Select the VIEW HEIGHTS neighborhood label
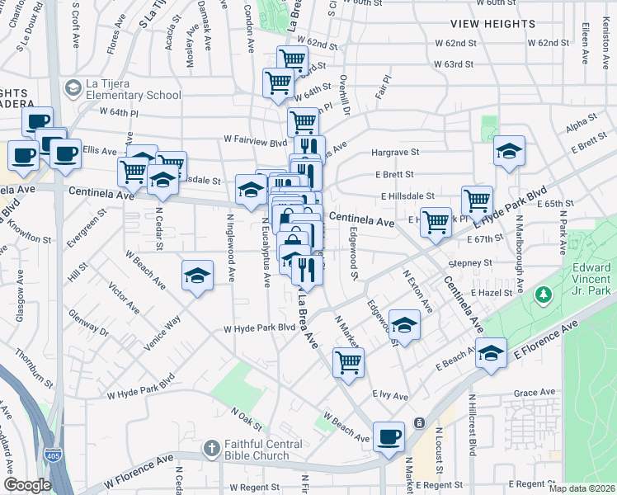pyautogui.click(x=492, y=24)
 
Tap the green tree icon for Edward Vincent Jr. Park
pyautogui.click(x=543, y=294)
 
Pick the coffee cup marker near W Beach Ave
pyautogui.click(x=389, y=436)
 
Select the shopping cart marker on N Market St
pyautogui.click(x=349, y=361)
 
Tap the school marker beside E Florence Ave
pyautogui.click(x=491, y=354)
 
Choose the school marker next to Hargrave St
pyautogui.click(x=510, y=152)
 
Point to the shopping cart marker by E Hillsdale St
pyautogui.click(x=477, y=200)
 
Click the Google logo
pyautogui.click(x=27, y=485)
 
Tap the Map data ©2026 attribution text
pyautogui.click(x=582, y=488)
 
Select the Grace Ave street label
pyautogui.click(x=534, y=393)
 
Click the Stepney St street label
pyautogui.click(x=470, y=263)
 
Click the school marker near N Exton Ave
pyautogui.click(x=404, y=324)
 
